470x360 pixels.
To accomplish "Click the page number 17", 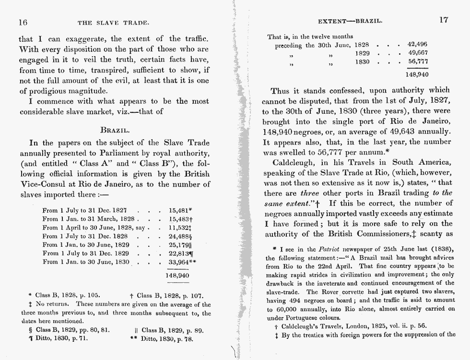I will coord(443,21).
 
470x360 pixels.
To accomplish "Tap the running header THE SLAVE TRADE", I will coord(113,22).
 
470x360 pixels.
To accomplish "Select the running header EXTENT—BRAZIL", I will coord(350,22).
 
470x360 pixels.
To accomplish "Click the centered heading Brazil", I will coord(115,130).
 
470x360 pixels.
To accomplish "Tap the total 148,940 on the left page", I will coord(177,276).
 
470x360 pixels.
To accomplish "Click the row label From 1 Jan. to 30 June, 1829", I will coord(86,245).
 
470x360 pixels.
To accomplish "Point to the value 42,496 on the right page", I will coord(417,45).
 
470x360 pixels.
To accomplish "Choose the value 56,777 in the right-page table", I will coord(417,62).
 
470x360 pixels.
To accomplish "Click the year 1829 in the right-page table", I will coord(362,53).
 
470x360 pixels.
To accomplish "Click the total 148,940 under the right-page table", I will coord(417,74).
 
